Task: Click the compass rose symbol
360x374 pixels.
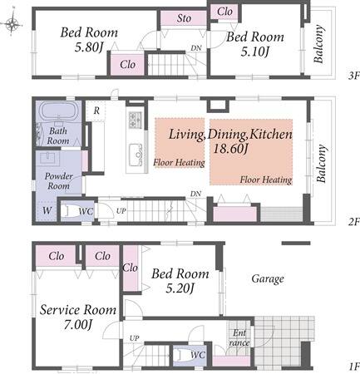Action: (12, 24)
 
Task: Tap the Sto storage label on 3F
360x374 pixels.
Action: (184, 18)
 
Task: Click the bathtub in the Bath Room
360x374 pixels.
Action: (58, 111)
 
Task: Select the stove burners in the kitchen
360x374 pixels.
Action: (135, 120)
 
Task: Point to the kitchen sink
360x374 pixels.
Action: (136, 155)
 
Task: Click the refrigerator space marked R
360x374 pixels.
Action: (96, 111)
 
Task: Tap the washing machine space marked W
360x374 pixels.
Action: (47, 210)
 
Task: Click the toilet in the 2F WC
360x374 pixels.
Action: (68, 211)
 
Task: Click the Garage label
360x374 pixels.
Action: (268, 279)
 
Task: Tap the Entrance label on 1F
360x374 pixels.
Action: (239, 337)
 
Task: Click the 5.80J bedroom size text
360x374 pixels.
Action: (89, 47)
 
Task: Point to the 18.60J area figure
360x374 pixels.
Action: (230, 149)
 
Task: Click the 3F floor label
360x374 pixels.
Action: (353, 76)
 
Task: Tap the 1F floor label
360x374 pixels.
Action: (354, 367)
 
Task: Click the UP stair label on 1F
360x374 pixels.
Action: (135, 338)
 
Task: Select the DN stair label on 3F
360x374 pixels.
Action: (196, 48)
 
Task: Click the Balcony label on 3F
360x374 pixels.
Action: (318, 44)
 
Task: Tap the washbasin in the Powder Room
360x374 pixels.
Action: (49, 159)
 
